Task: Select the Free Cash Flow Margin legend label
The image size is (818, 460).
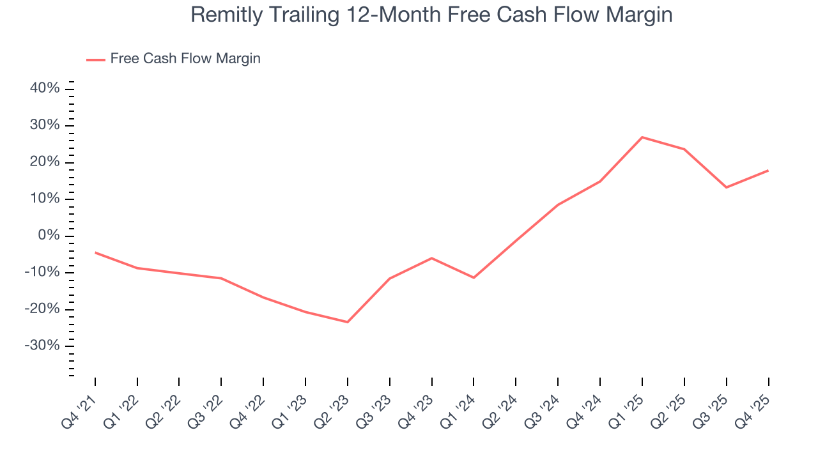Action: (185, 59)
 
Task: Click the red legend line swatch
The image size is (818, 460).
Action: (96, 59)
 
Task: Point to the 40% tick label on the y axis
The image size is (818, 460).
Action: (45, 88)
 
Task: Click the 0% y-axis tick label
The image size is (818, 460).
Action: (49, 236)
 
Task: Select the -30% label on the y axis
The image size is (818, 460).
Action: (43, 346)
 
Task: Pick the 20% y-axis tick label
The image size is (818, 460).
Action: (45, 162)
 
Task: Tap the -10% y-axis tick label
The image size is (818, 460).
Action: (43, 272)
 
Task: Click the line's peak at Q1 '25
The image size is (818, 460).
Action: (642, 137)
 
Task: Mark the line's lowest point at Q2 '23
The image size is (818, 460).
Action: (348, 322)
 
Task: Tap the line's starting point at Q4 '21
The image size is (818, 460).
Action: (95, 252)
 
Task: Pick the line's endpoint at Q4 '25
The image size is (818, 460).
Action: (768, 171)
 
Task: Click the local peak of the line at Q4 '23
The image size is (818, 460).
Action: (432, 258)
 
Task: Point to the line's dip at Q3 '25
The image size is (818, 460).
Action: (726, 187)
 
